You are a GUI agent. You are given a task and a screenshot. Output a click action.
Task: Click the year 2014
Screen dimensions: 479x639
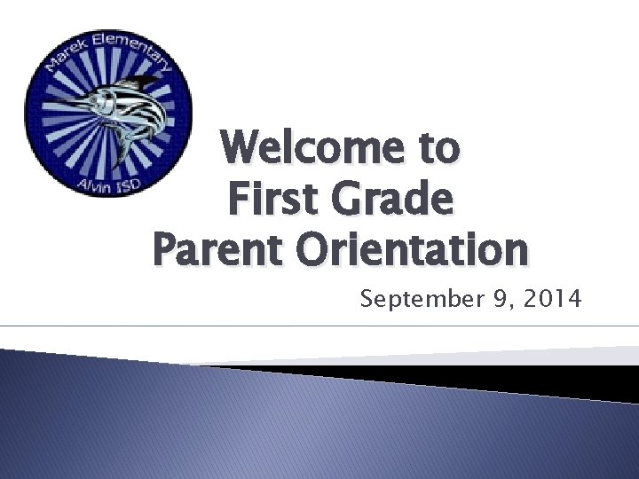pyautogui.click(x=547, y=301)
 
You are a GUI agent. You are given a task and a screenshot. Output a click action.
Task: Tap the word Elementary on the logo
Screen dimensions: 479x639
pyautogui.click(x=133, y=46)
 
